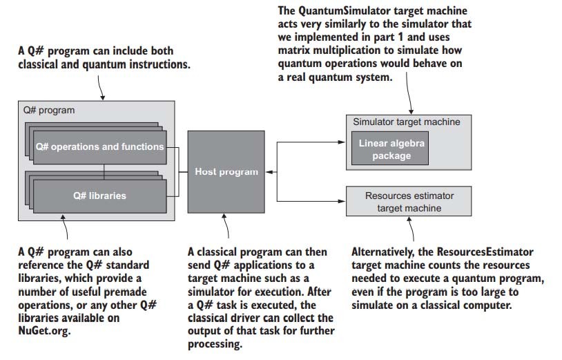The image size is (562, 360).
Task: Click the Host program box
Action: (x=226, y=172)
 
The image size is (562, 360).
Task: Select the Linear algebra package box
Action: (x=390, y=149)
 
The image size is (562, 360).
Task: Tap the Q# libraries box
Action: (x=99, y=196)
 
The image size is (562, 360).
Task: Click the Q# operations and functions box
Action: (x=99, y=147)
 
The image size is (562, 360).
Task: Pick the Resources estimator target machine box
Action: (x=409, y=201)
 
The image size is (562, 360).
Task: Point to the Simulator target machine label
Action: (x=407, y=122)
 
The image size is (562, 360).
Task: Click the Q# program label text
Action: (x=49, y=110)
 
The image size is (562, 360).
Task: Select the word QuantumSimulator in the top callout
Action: (x=345, y=11)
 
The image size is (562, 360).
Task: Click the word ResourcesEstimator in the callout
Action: (x=485, y=252)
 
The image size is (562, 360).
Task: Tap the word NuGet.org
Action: (x=44, y=330)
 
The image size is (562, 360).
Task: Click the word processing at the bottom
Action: (x=215, y=344)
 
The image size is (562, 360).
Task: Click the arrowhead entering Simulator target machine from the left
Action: (x=342, y=142)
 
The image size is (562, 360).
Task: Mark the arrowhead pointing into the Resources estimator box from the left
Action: (x=342, y=201)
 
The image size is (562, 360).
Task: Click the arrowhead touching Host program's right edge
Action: (x=269, y=172)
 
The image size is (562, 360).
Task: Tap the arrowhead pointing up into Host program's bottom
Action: (x=224, y=217)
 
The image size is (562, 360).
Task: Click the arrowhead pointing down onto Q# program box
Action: (x=103, y=97)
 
